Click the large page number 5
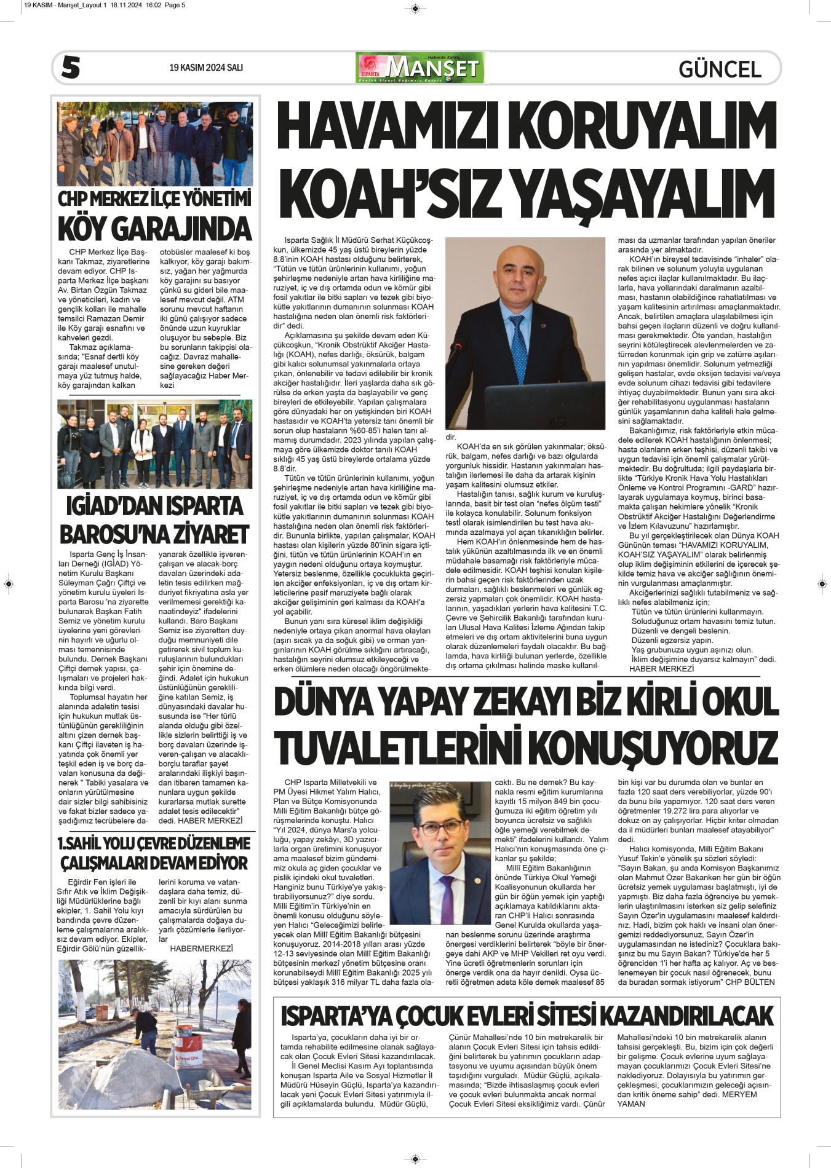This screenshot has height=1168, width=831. [71, 68]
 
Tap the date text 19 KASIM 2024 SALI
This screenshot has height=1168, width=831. [206, 68]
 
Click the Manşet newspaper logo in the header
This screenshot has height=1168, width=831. [421, 68]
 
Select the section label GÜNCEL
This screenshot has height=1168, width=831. [720, 69]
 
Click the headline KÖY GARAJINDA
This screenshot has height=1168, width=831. [154, 229]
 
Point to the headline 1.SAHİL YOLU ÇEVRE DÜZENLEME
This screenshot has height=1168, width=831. [154, 843]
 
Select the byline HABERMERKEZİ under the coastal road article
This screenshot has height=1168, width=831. [201, 949]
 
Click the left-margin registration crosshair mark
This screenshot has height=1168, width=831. [9, 583]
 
